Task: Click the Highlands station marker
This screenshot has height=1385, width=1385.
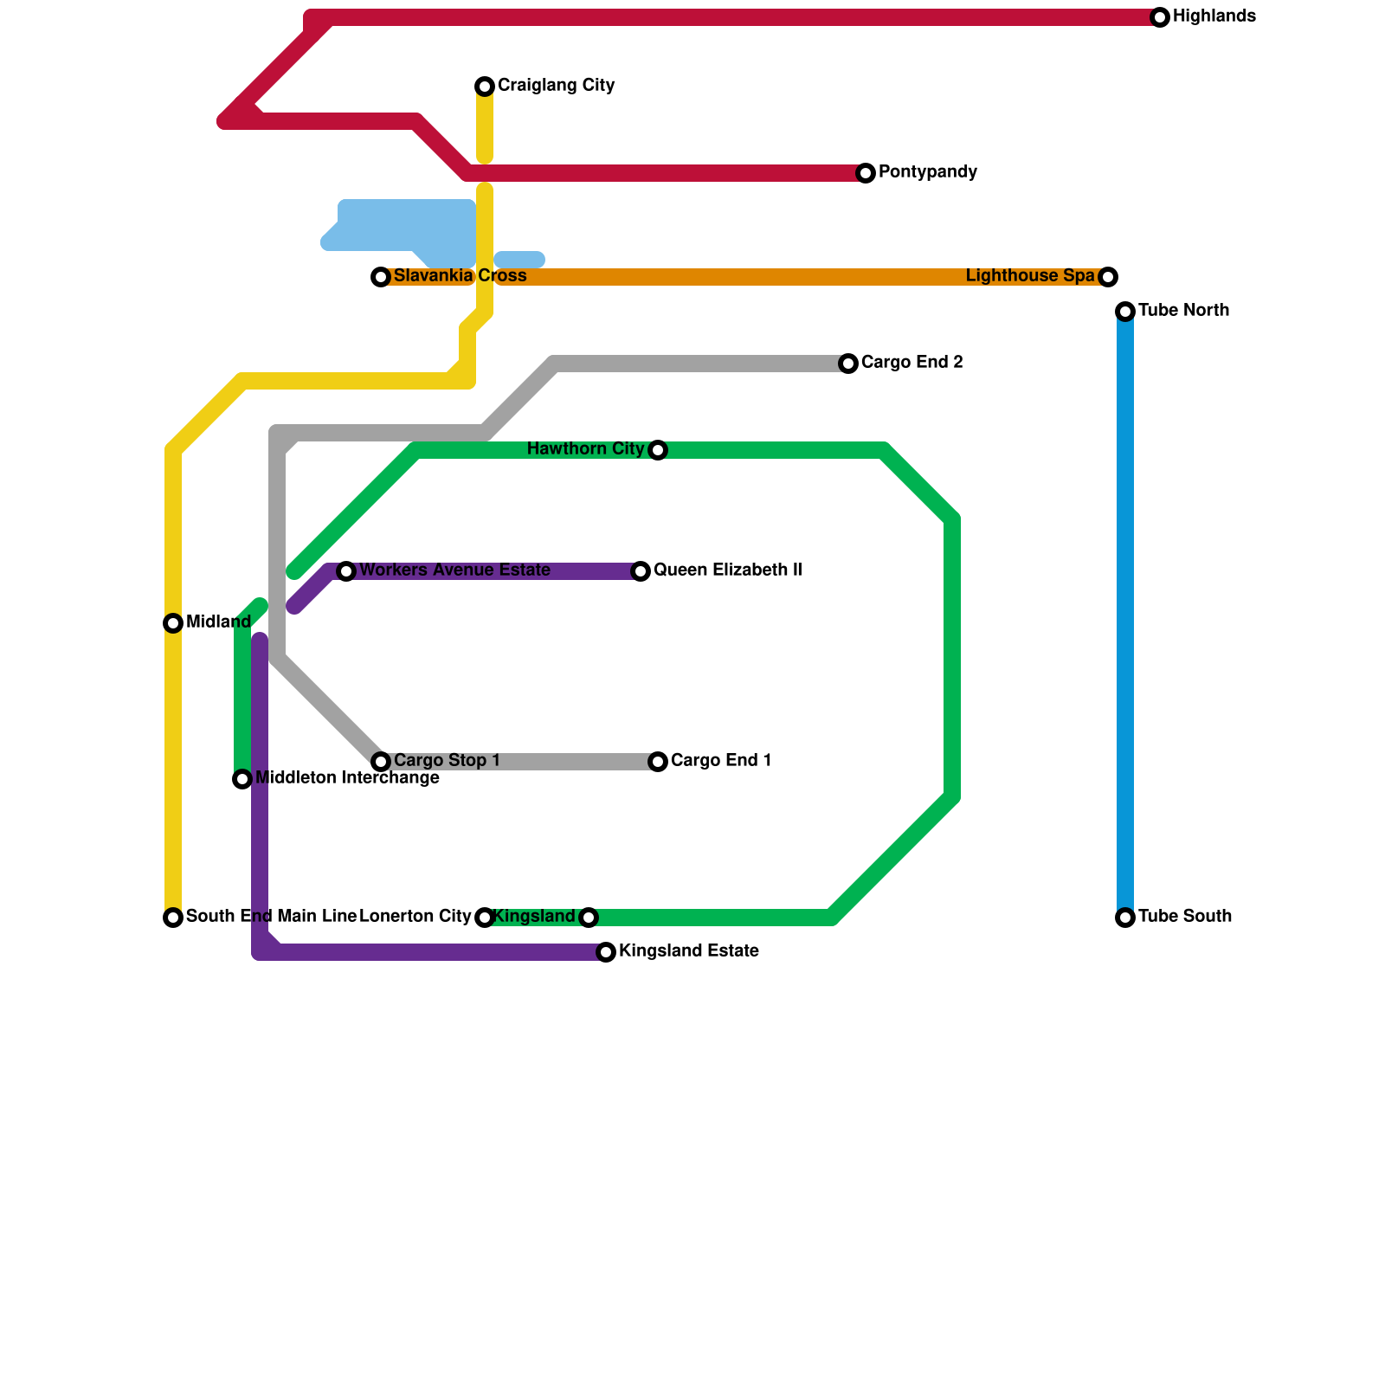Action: pyautogui.click(x=1160, y=17)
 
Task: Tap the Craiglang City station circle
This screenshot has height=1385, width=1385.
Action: pyautogui.click(x=485, y=87)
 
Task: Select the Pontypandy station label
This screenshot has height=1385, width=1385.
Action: pyautogui.click(x=927, y=172)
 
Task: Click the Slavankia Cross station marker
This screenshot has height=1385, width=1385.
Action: pyautogui.click(x=381, y=277)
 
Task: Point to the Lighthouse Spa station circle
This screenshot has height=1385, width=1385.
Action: pyautogui.click(x=1108, y=277)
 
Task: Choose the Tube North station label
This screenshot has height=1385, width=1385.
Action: pyautogui.click(x=1183, y=311)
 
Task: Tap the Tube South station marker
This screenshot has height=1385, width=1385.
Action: pyautogui.click(x=1125, y=918)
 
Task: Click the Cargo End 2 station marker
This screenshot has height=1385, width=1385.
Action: pyautogui.click(x=848, y=364)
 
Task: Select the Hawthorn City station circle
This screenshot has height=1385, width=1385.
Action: pyautogui.click(x=658, y=450)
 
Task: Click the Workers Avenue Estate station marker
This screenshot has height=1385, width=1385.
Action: pyautogui.click(x=346, y=571)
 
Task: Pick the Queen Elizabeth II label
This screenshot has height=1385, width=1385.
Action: pyautogui.click(x=727, y=570)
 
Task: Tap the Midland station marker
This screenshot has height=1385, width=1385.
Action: pyautogui.click(x=173, y=623)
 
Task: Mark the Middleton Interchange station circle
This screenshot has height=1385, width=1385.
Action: pyautogui.click(x=242, y=779)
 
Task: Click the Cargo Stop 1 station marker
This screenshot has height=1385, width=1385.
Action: pyautogui.click(x=381, y=762)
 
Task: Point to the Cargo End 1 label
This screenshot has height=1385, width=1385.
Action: pyautogui.click(x=721, y=761)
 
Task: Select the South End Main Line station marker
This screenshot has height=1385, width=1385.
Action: pyautogui.click(x=173, y=918)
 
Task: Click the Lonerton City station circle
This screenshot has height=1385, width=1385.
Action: pyautogui.click(x=485, y=918)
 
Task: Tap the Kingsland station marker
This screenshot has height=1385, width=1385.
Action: pyautogui.click(x=589, y=918)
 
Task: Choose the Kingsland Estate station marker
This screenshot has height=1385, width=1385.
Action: pyautogui.click(x=606, y=952)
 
